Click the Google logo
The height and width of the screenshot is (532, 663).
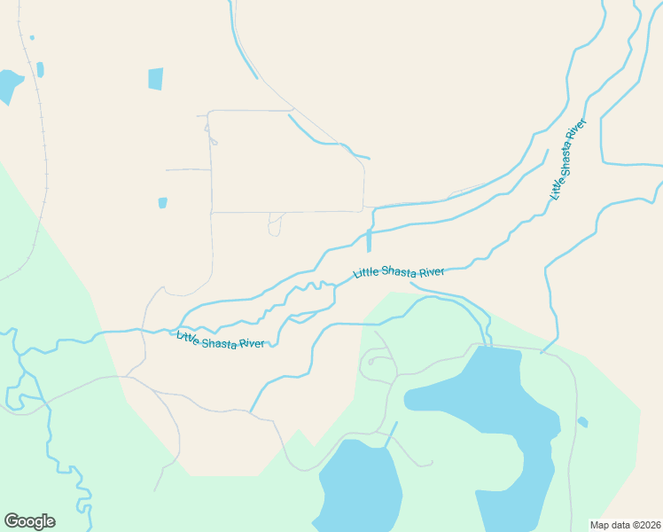29,521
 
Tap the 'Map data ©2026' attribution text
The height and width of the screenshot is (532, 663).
625,525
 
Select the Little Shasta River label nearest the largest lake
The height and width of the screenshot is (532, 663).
398,271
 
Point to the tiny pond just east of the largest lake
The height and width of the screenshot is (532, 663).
582,422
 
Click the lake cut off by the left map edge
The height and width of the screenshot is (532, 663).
8,85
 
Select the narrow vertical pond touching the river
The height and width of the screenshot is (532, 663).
369,240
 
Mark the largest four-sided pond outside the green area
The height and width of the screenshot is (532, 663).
156,79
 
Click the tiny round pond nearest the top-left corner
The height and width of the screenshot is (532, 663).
32,38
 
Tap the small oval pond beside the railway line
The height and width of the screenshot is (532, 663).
40,69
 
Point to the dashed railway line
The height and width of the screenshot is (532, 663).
43,133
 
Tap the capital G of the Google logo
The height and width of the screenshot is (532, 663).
12,521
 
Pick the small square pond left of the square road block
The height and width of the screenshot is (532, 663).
162,203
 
